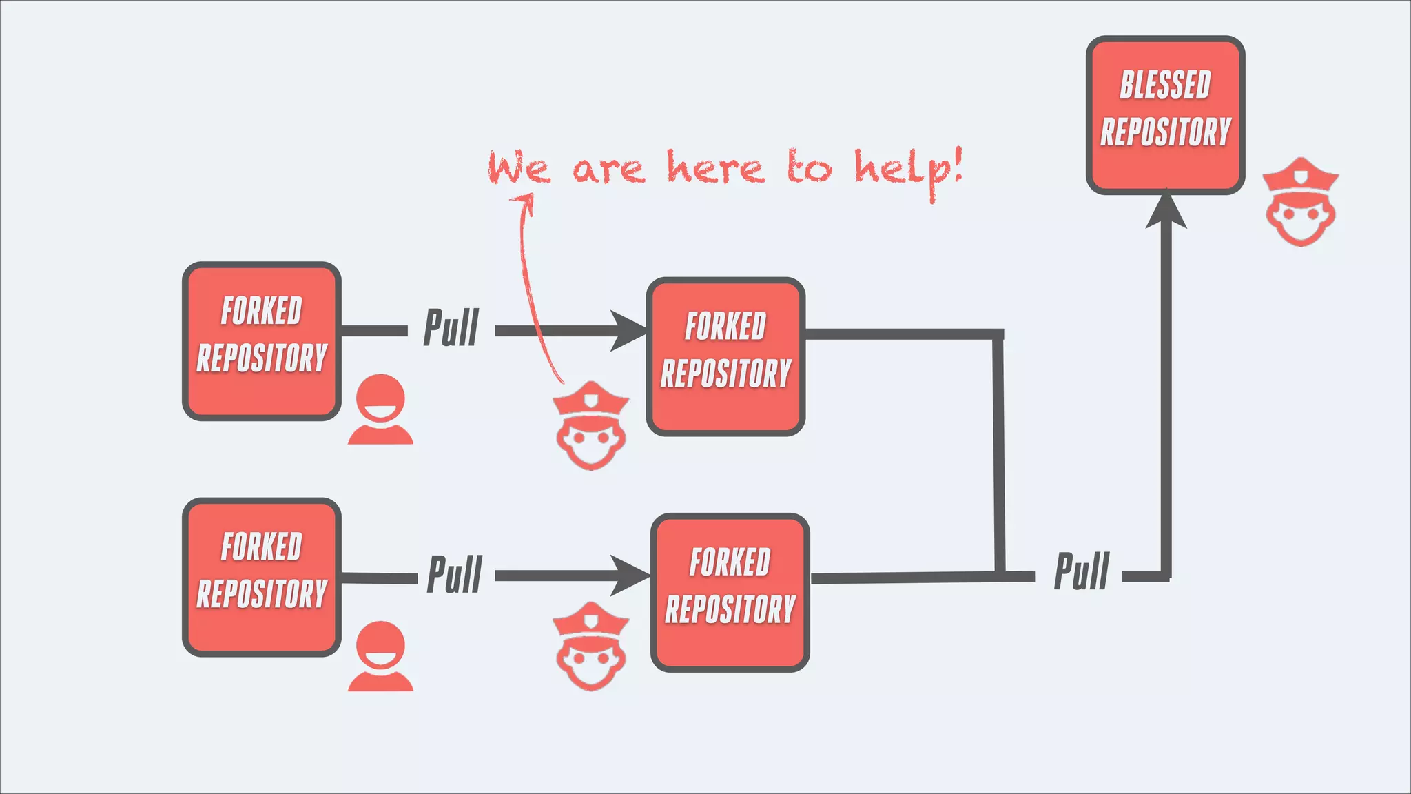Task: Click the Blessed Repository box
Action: (1165, 115)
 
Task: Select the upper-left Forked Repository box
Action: (262, 341)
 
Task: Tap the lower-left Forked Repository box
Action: (262, 577)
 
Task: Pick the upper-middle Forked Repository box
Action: (725, 357)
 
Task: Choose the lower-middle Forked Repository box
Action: (730, 593)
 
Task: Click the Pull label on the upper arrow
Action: (451, 328)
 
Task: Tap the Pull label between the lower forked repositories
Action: (455, 575)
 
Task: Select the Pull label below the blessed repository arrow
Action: (1082, 571)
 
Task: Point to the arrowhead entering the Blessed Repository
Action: (1166, 210)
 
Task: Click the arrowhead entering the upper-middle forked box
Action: (628, 331)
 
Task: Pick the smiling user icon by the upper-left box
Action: (380, 409)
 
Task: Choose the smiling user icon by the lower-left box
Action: (380, 656)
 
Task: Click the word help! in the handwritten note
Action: (908, 170)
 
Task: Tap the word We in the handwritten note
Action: (519, 168)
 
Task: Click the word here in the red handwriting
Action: (715, 167)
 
